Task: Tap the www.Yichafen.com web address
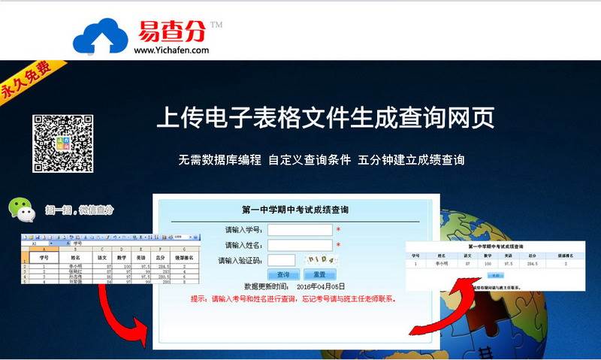[171, 50]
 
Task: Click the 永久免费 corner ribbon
[26, 79]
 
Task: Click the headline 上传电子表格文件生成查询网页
[325, 119]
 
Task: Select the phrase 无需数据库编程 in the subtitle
[219, 159]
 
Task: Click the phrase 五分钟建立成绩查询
[411, 159]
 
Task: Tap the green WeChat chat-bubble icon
[22, 211]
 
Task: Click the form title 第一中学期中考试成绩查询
[294, 210]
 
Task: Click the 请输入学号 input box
[300, 230]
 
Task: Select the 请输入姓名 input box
[300, 245]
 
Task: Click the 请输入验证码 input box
[281, 261]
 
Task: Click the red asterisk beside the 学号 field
[338, 230]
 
